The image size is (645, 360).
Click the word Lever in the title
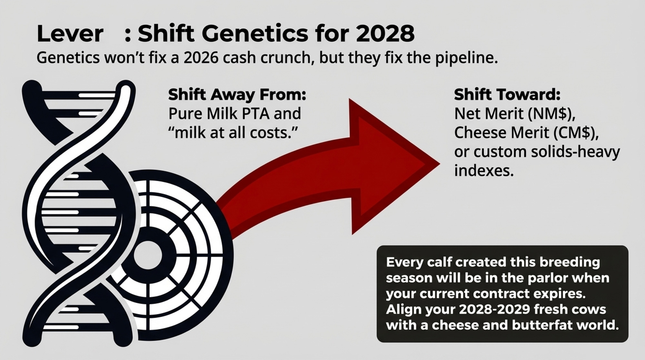70,34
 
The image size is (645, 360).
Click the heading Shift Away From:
237,95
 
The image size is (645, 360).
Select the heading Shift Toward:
507,95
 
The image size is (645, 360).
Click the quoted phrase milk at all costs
232,133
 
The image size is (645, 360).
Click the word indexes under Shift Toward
484,170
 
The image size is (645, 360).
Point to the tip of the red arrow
439,163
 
